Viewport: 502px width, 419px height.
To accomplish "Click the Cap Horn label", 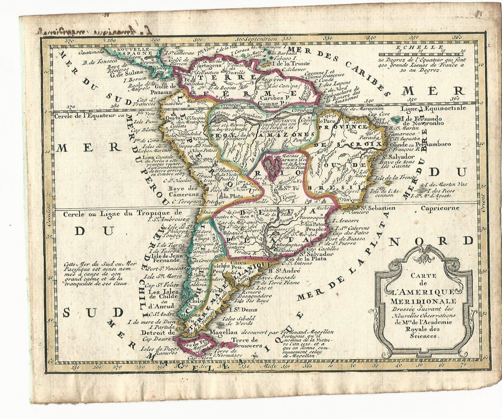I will (x=198, y=358).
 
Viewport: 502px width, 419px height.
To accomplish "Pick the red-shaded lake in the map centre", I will (x=272, y=167).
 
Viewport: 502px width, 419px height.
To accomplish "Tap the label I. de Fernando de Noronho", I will (x=431, y=121).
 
